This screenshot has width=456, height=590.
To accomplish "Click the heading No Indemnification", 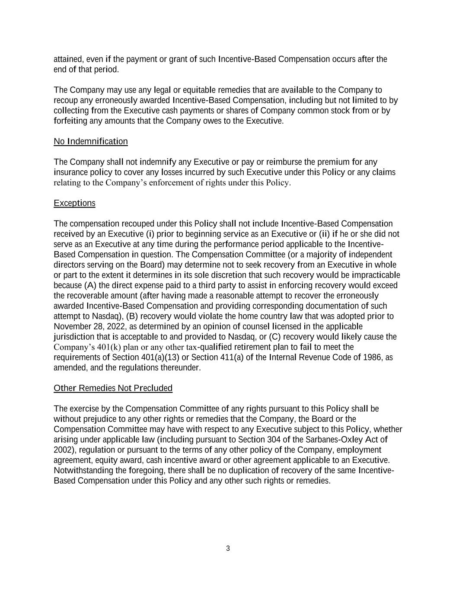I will click(x=91, y=141).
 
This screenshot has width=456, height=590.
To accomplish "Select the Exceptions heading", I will click(x=74, y=203).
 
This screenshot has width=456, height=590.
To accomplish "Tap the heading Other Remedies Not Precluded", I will click(x=113, y=388).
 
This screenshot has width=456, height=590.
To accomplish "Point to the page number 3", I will click(x=228, y=549).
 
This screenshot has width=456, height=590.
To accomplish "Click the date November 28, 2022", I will click(x=89, y=326).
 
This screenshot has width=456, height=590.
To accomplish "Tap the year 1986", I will click(x=373, y=357).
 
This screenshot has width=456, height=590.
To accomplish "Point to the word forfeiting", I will click(x=70, y=121).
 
